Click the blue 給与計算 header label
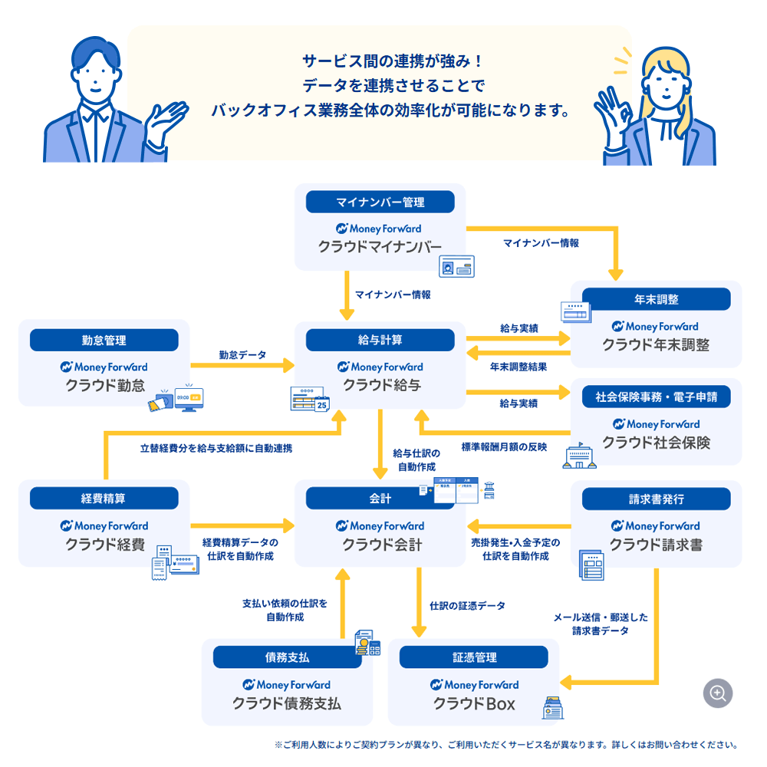click(x=380, y=340)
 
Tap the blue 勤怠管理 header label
click(x=104, y=340)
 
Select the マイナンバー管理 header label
click(x=380, y=202)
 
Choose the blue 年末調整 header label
click(x=657, y=299)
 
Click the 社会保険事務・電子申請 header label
click(x=657, y=397)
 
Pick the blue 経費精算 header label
click(x=104, y=499)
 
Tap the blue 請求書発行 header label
click(x=657, y=499)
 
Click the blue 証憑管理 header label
click(x=474, y=657)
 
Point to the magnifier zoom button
click(x=718, y=693)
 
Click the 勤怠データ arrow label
click(x=242, y=355)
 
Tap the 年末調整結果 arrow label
click(x=518, y=367)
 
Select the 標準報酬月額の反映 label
click(x=504, y=446)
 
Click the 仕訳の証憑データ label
click(x=467, y=606)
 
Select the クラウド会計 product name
click(x=381, y=545)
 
